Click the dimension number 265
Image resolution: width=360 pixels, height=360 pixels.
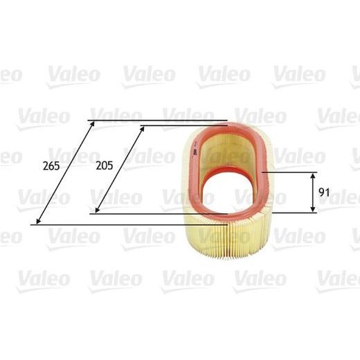tap(51, 166)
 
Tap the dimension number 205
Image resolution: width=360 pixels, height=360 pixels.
tap(105, 166)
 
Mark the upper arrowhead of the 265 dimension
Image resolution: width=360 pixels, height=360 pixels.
tap(91, 123)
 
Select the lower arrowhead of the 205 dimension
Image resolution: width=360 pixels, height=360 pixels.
tap(93, 210)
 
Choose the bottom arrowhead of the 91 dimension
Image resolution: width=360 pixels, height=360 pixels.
tap(312, 210)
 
